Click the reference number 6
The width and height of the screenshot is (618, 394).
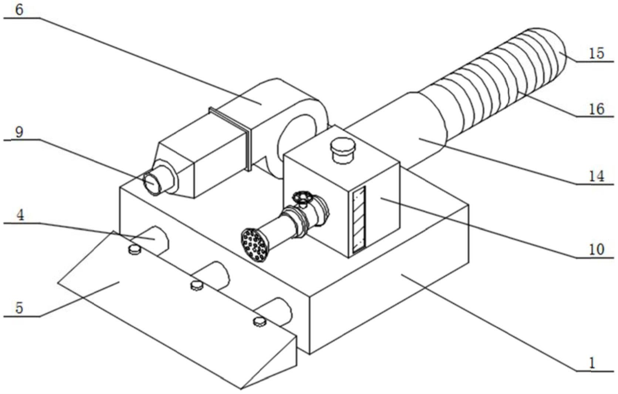19,10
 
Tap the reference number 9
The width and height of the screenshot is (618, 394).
19,131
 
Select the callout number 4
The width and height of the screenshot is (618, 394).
20,215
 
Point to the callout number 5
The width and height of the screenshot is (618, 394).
19,308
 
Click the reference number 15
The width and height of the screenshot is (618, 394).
596,53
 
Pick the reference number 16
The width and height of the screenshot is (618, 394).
596,109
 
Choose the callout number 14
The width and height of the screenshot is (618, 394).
596,176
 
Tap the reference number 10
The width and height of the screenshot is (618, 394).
596,250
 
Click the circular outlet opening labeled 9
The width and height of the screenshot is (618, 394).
152,182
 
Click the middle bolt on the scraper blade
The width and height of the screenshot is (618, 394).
197,285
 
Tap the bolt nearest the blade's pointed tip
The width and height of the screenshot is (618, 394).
260,322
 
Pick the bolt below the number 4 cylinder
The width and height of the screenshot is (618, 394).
135,250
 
